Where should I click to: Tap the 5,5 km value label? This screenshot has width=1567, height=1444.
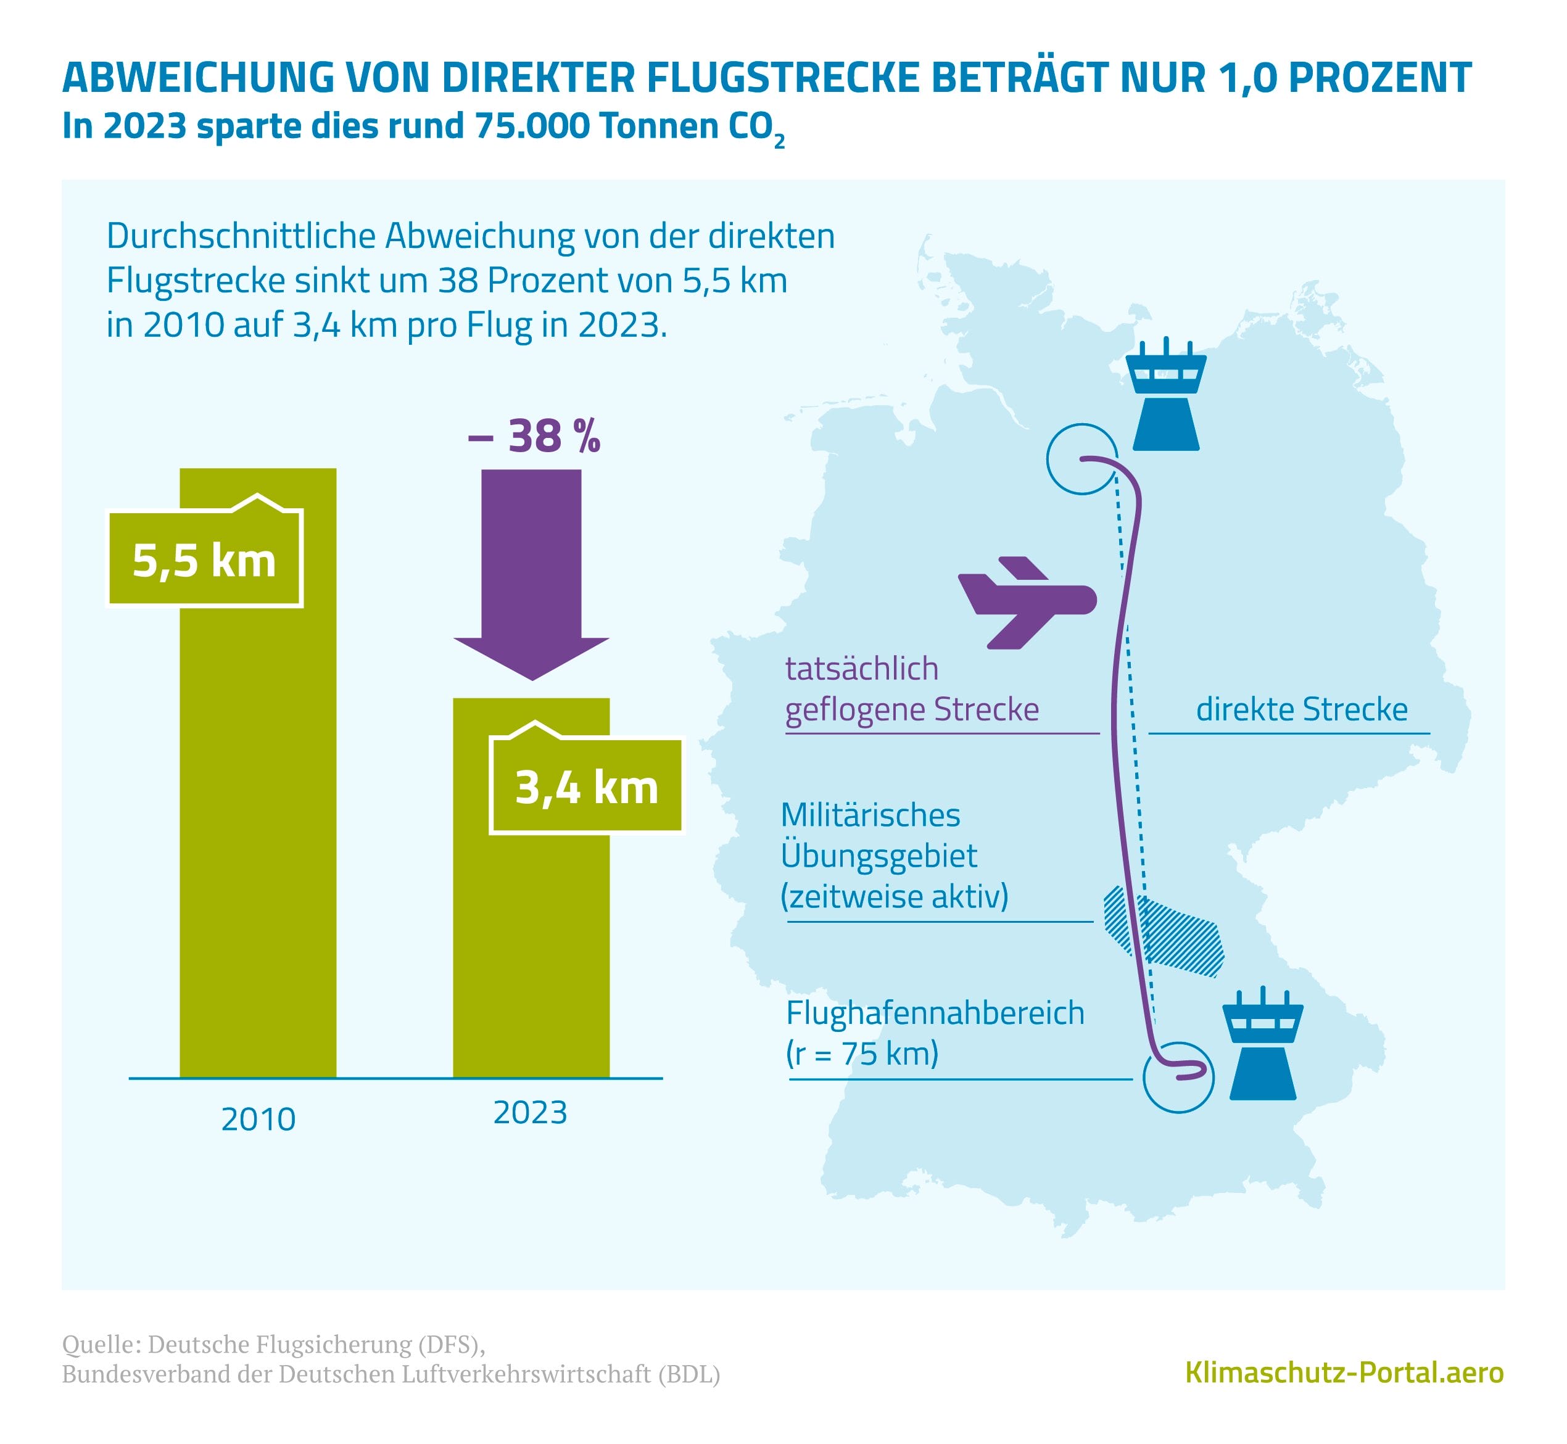coord(204,561)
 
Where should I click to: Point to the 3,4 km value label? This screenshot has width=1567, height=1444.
coord(586,787)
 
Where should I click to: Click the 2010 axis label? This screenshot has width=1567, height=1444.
coord(258,1119)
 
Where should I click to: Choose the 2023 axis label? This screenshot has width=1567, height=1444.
coord(530,1112)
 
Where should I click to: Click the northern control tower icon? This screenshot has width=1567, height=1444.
coord(1165,395)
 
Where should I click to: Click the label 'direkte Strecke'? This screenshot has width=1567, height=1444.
coord(1301,709)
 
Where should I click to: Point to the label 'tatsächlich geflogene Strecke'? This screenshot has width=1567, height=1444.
coord(911,689)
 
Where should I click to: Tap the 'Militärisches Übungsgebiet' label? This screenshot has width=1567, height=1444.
coord(894,855)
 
